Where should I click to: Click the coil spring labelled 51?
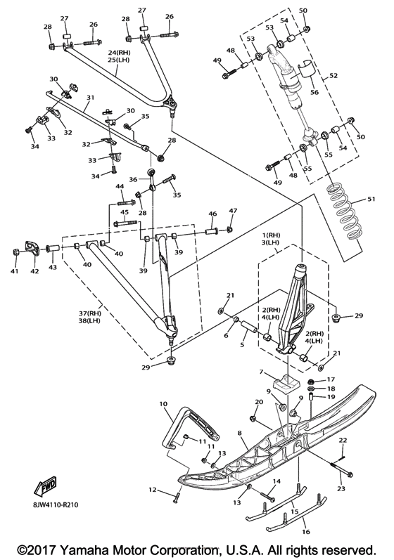pyautogui.click(x=343, y=212)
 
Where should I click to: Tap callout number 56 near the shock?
pyautogui.click(x=314, y=92)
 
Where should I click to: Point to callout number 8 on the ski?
pyautogui.click(x=239, y=434)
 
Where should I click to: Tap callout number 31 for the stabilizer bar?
pyautogui.click(x=90, y=98)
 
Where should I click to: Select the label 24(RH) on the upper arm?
pyautogui.click(x=120, y=53)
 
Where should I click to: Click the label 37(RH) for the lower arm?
pyautogui.click(x=90, y=313)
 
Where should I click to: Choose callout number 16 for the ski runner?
pyautogui.click(x=305, y=532)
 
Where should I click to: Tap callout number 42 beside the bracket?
pyautogui.click(x=34, y=271)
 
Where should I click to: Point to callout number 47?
pyautogui.click(x=233, y=211)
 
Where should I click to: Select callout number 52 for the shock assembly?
pyautogui.click(x=333, y=75)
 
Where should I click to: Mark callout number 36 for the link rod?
pyautogui.click(x=133, y=179)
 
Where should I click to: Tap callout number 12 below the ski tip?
pyautogui.click(x=153, y=490)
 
